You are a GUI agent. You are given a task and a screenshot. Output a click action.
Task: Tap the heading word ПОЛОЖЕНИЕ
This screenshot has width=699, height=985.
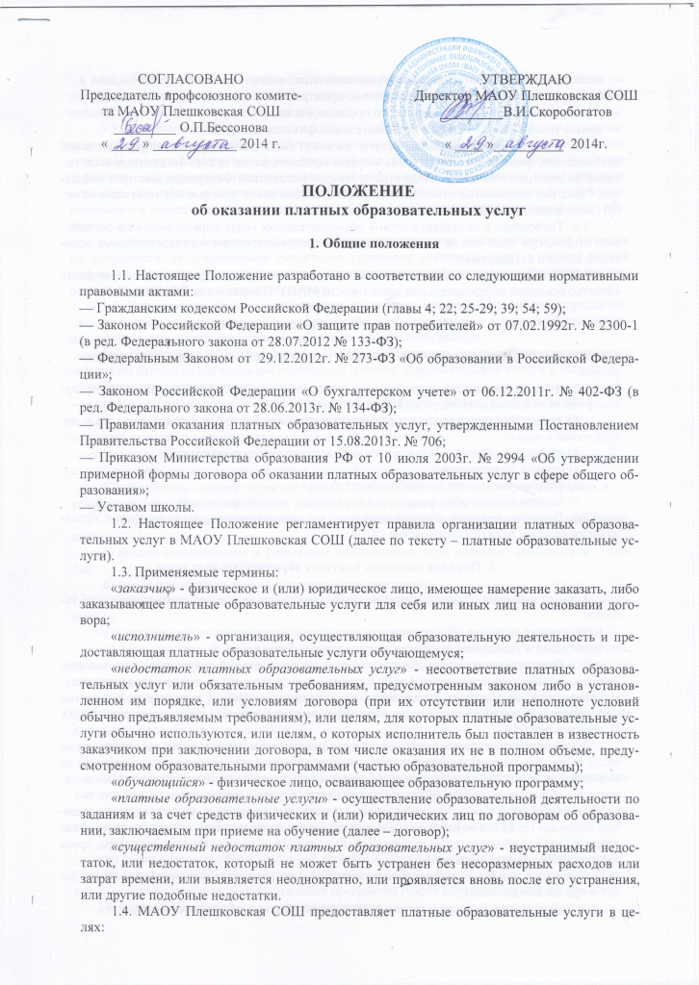coord(348,188)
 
